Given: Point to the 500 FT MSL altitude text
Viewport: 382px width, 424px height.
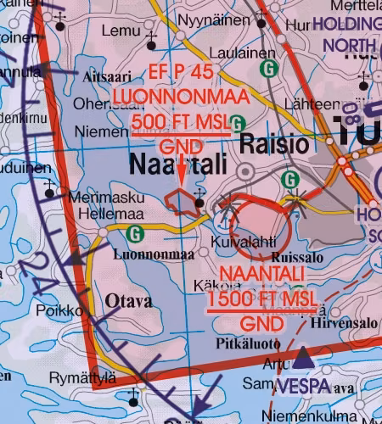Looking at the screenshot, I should click(x=181, y=125).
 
